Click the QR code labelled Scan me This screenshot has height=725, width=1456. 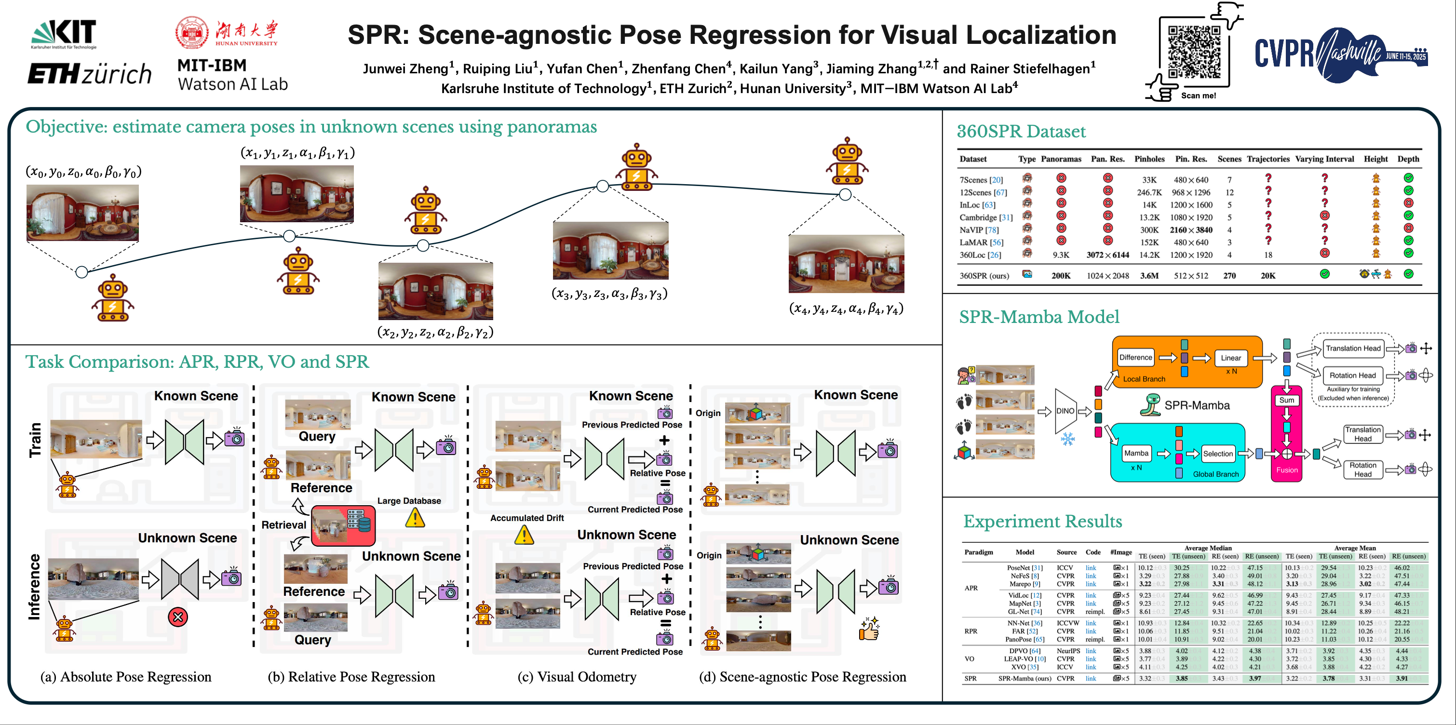tap(1194, 52)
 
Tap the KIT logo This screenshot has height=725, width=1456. tap(64, 33)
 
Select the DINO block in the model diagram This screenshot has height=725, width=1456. tap(1065, 411)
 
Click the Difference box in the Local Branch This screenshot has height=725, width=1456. tap(1135, 357)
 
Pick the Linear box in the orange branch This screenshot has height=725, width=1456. tap(1230, 358)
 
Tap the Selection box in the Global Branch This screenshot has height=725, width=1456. tap(1217, 453)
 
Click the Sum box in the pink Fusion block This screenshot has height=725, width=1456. tap(1286, 400)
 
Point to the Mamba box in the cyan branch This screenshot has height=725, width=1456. tap(1135, 453)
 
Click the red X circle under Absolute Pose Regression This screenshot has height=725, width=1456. tap(177, 617)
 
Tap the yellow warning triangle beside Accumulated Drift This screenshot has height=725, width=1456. tap(524, 535)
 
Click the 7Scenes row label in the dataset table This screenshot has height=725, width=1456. tap(981, 180)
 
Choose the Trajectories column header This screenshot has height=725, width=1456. tap(1268, 159)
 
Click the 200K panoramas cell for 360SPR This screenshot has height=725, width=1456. tap(1060, 276)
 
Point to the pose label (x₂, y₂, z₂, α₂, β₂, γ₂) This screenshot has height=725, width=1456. tap(435, 332)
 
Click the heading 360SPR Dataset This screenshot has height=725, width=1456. tap(1021, 131)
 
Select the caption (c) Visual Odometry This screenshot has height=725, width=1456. tap(577, 676)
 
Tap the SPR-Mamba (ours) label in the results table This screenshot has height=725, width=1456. tap(1024, 678)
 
